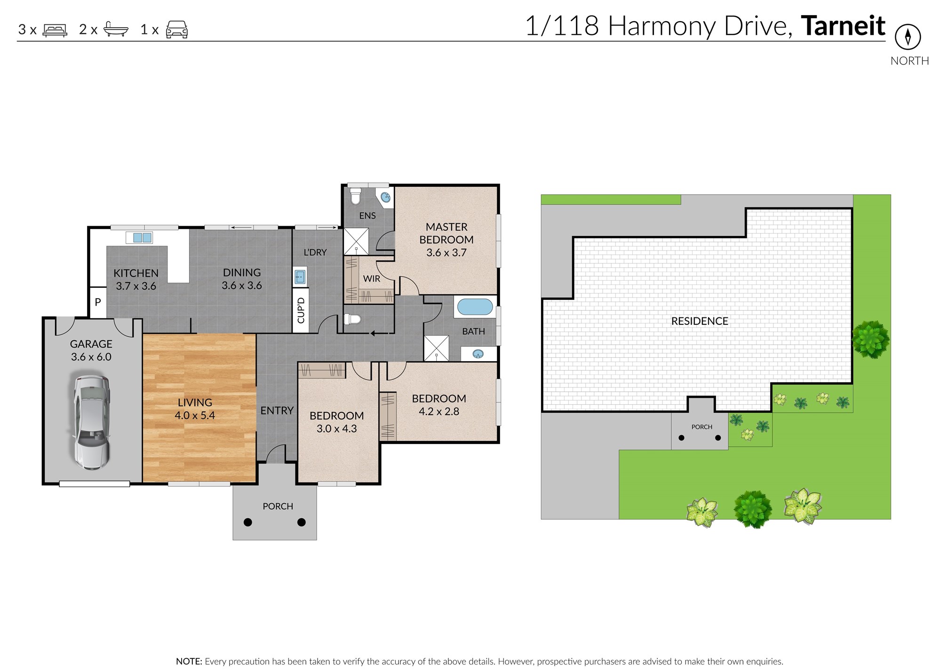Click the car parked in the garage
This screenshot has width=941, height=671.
click(91, 422)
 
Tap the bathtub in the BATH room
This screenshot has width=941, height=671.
click(475, 307)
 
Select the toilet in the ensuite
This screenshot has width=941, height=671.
click(355, 196)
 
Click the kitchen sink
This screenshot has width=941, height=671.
click(142, 237)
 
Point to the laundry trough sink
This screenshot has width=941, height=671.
click(300, 276)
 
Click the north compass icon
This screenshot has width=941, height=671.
click(908, 37)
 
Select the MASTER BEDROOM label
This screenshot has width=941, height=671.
click(447, 233)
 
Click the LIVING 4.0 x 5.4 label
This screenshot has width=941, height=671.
click(195, 409)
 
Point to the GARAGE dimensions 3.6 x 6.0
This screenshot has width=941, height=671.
click(91, 357)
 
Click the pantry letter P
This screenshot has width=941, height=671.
click(98, 302)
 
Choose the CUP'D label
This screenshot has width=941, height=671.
click(301, 310)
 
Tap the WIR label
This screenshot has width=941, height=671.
click(372, 279)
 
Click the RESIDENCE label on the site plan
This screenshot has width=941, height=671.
click(700, 321)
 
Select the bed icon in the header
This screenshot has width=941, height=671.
click(55, 30)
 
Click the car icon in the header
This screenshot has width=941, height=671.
click(177, 29)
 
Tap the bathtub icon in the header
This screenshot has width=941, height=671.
click(116, 29)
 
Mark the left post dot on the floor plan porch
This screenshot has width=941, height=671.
click(248, 522)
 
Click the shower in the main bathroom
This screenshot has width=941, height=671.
click(437, 348)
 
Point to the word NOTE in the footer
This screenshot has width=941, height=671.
click(189, 661)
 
